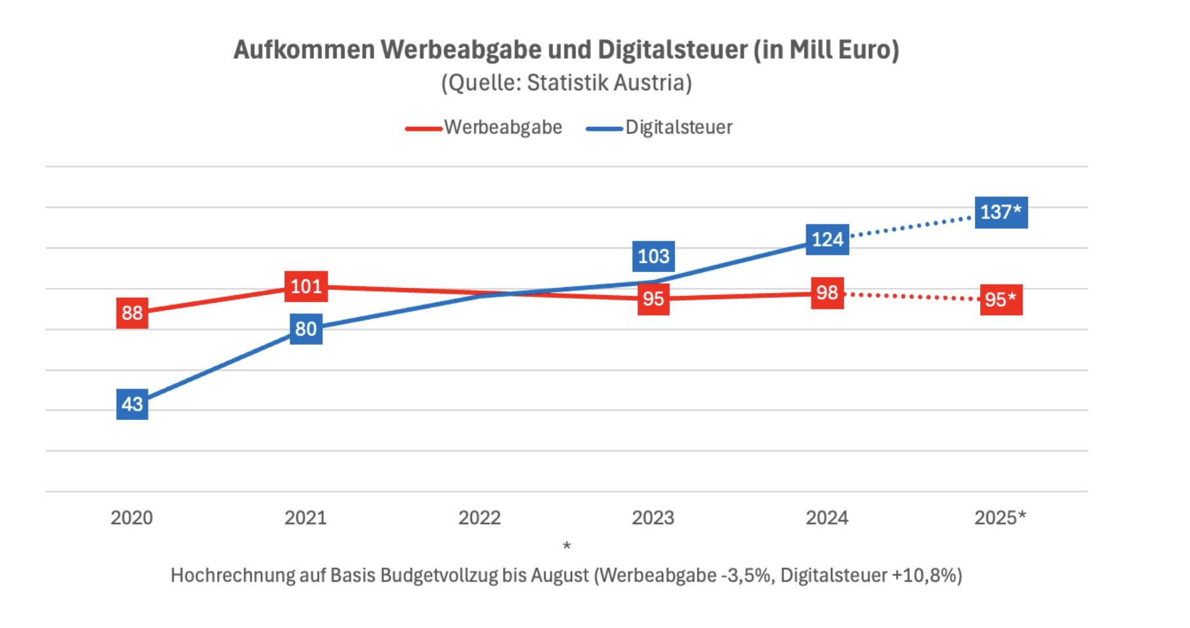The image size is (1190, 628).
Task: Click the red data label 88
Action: click(132, 313)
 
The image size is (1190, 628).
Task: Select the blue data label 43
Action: click(132, 404)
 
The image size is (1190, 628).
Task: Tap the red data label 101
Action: click(306, 287)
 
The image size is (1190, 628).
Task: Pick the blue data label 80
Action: click(306, 328)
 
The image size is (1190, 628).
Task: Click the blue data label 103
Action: click(653, 256)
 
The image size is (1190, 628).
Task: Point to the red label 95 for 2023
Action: click(653, 299)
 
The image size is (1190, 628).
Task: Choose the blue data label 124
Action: click(827, 239)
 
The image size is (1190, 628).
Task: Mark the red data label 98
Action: click(827, 292)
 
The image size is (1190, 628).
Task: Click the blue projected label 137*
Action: click(1000, 212)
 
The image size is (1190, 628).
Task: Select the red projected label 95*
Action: click(1000, 300)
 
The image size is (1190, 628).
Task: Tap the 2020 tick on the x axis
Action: click(131, 518)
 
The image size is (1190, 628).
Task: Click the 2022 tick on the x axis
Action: click(479, 518)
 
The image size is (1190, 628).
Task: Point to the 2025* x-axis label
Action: click(1000, 518)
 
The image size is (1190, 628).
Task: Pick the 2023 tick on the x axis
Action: click(653, 518)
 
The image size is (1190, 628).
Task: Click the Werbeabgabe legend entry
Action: click(502, 127)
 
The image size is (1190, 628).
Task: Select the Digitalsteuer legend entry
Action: click(678, 127)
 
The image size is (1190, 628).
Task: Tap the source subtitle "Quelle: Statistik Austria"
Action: click(566, 83)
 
